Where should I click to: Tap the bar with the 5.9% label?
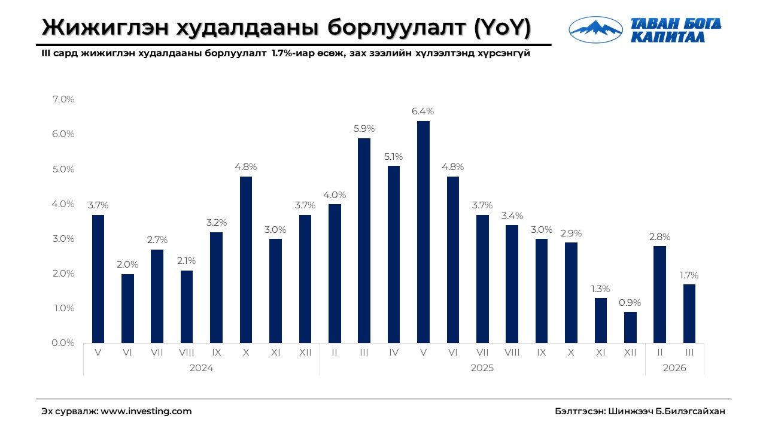364,240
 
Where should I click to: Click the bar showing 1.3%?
600,320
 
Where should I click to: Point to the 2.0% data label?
127,264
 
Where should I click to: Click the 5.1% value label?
393,156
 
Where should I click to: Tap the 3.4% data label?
512,215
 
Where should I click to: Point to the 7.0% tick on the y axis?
63,99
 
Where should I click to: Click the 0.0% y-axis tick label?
63,343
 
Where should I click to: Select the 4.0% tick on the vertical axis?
63,204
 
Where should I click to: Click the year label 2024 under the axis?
201,368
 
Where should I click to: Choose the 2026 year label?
674,368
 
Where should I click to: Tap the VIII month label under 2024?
187,353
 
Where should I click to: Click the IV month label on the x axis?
393,353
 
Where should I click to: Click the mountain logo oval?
595,30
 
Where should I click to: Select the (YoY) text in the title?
501,28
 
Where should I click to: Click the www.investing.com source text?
146,411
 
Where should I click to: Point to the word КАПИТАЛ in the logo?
667,37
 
